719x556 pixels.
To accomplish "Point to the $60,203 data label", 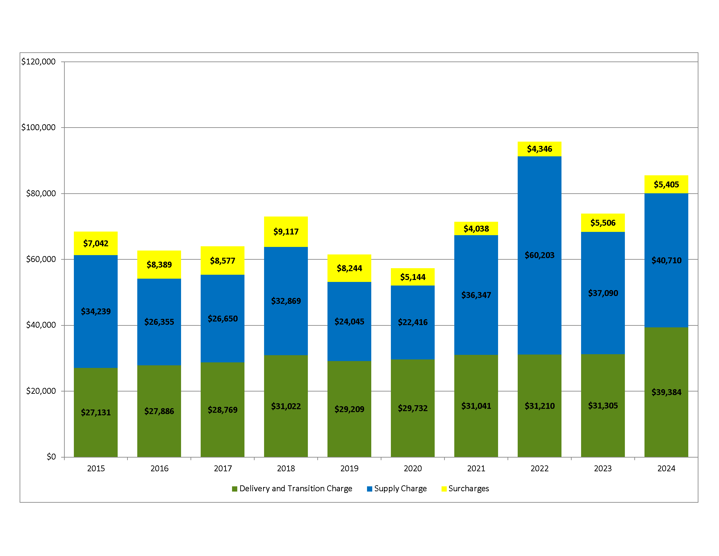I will [x=539, y=255].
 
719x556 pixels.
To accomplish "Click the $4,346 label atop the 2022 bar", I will [x=539, y=149].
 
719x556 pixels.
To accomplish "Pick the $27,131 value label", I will [x=96, y=412].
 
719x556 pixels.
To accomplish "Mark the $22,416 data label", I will [x=412, y=322].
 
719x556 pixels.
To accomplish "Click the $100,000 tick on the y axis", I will [x=39, y=128].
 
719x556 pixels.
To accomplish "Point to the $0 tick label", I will [x=51, y=457].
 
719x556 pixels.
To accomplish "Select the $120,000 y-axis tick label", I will [x=39, y=61].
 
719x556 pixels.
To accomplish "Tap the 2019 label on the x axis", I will [x=349, y=468].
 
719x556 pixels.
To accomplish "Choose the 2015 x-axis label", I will [x=96, y=468].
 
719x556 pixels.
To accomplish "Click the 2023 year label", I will [x=602, y=468].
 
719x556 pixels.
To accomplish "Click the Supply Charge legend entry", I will [x=400, y=489].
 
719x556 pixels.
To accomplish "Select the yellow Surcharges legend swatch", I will [x=444, y=489].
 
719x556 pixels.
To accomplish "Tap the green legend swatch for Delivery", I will [x=234, y=489].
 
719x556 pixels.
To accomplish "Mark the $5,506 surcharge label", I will [x=602, y=223].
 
